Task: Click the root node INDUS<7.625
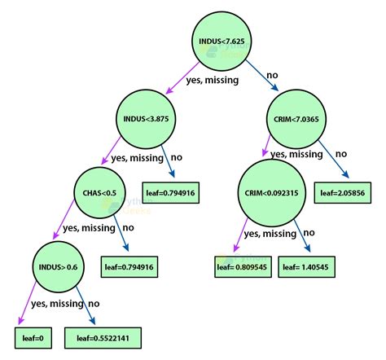(222, 42)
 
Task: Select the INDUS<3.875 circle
(146, 119)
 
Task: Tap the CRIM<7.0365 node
(296, 119)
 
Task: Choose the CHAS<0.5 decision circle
(99, 193)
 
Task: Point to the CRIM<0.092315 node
(272, 193)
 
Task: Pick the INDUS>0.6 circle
(58, 267)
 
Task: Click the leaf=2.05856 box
(343, 193)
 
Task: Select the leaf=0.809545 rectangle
(243, 267)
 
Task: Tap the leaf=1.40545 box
(306, 267)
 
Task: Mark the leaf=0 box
(33, 338)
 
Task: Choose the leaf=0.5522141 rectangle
(103, 338)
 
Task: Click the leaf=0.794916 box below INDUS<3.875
(171, 193)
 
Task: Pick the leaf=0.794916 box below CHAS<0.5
(129, 267)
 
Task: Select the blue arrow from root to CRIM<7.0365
(262, 76)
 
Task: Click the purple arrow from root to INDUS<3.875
(182, 78)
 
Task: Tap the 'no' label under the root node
(272, 75)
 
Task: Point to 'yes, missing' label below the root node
(213, 80)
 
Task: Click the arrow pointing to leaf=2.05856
(333, 159)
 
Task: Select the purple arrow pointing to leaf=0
(27, 303)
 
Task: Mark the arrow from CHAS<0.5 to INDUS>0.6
(64, 219)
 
